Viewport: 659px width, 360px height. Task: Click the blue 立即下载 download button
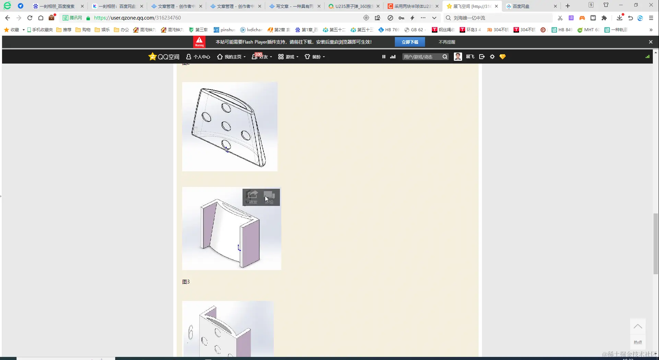coord(410,42)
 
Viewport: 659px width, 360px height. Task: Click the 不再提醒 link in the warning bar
coord(447,42)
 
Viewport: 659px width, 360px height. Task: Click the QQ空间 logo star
coord(152,57)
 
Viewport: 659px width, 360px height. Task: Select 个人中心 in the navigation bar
coord(198,57)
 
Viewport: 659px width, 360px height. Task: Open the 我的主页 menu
coord(232,57)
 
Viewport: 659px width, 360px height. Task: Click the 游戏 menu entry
coord(289,57)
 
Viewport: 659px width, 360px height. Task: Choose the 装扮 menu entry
coord(315,57)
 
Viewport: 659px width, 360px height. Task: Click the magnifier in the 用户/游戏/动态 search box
coord(445,57)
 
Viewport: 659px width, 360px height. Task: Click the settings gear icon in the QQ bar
coord(492,57)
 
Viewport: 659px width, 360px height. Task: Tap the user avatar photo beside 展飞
coord(458,57)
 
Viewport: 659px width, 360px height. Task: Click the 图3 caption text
coord(186,282)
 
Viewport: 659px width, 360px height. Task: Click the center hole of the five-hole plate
coord(226,126)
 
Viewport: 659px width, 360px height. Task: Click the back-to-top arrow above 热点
coord(638,326)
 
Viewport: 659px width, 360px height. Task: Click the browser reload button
coord(30,18)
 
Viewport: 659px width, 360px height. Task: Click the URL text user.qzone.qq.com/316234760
coord(137,18)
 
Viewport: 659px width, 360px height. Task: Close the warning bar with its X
coord(650,42)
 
